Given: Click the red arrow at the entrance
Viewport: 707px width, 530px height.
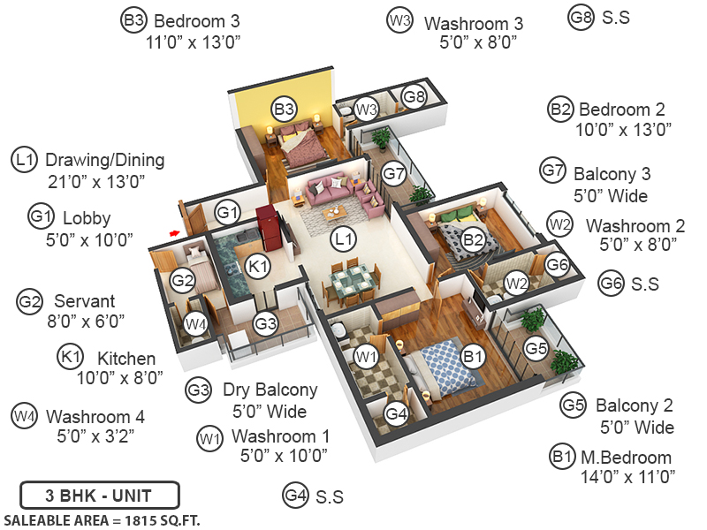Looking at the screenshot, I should tap(175, 232).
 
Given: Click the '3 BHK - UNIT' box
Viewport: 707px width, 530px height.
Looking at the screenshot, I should tap(99, 494).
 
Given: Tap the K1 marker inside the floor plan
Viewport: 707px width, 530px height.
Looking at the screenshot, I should tap(256, 265).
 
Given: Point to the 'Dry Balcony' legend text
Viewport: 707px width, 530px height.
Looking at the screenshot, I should tap(270, 390).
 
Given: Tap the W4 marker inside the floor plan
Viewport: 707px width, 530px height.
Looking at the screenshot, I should tap(196, 323).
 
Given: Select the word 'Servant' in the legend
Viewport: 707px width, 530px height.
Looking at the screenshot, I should tap(84, 301).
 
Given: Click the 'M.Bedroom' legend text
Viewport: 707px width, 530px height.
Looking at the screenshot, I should tap(625, 458).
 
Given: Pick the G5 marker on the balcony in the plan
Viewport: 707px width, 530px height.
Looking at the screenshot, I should tap(536, 348).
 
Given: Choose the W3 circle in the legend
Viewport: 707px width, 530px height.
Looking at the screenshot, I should tap(400, 20).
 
